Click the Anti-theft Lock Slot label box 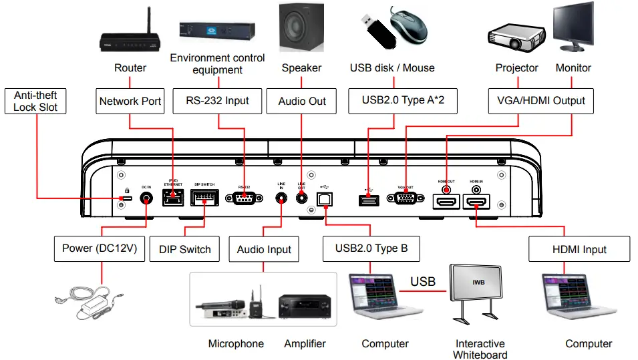pyautogui.click(x=35, y=102)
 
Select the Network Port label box pyautogui.click(x=130, y=102)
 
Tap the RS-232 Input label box pyautogui.click(x=217, y=101)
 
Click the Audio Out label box pyautogui.click(x=302, y=102)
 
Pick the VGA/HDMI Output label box pyautogui.click(x=541, y=101)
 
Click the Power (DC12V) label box pyautogui.click(x=100, y=248)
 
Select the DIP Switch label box pyautogui.click(x=185, y=249)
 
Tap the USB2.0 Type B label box pyautogui.click(x=372, y=248)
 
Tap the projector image pyautogui.click(x=516, y=37)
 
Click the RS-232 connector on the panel pyautogui.click(x=243, y=198)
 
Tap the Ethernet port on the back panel pyautogui.click(x=172, y=196)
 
